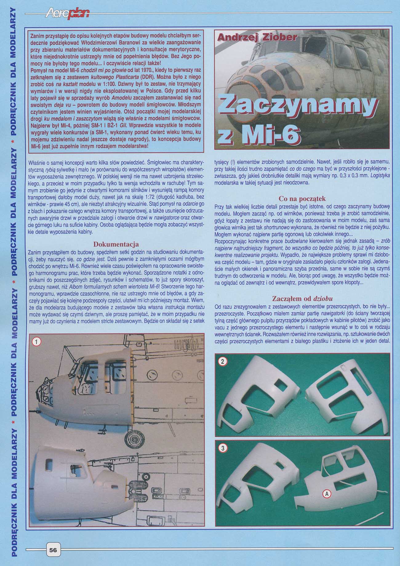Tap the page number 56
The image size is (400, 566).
tap(53, 550)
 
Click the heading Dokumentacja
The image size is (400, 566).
tap(117, 245)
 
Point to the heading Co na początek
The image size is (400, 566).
tap(302, 199)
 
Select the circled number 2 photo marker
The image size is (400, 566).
tap(222, 362)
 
